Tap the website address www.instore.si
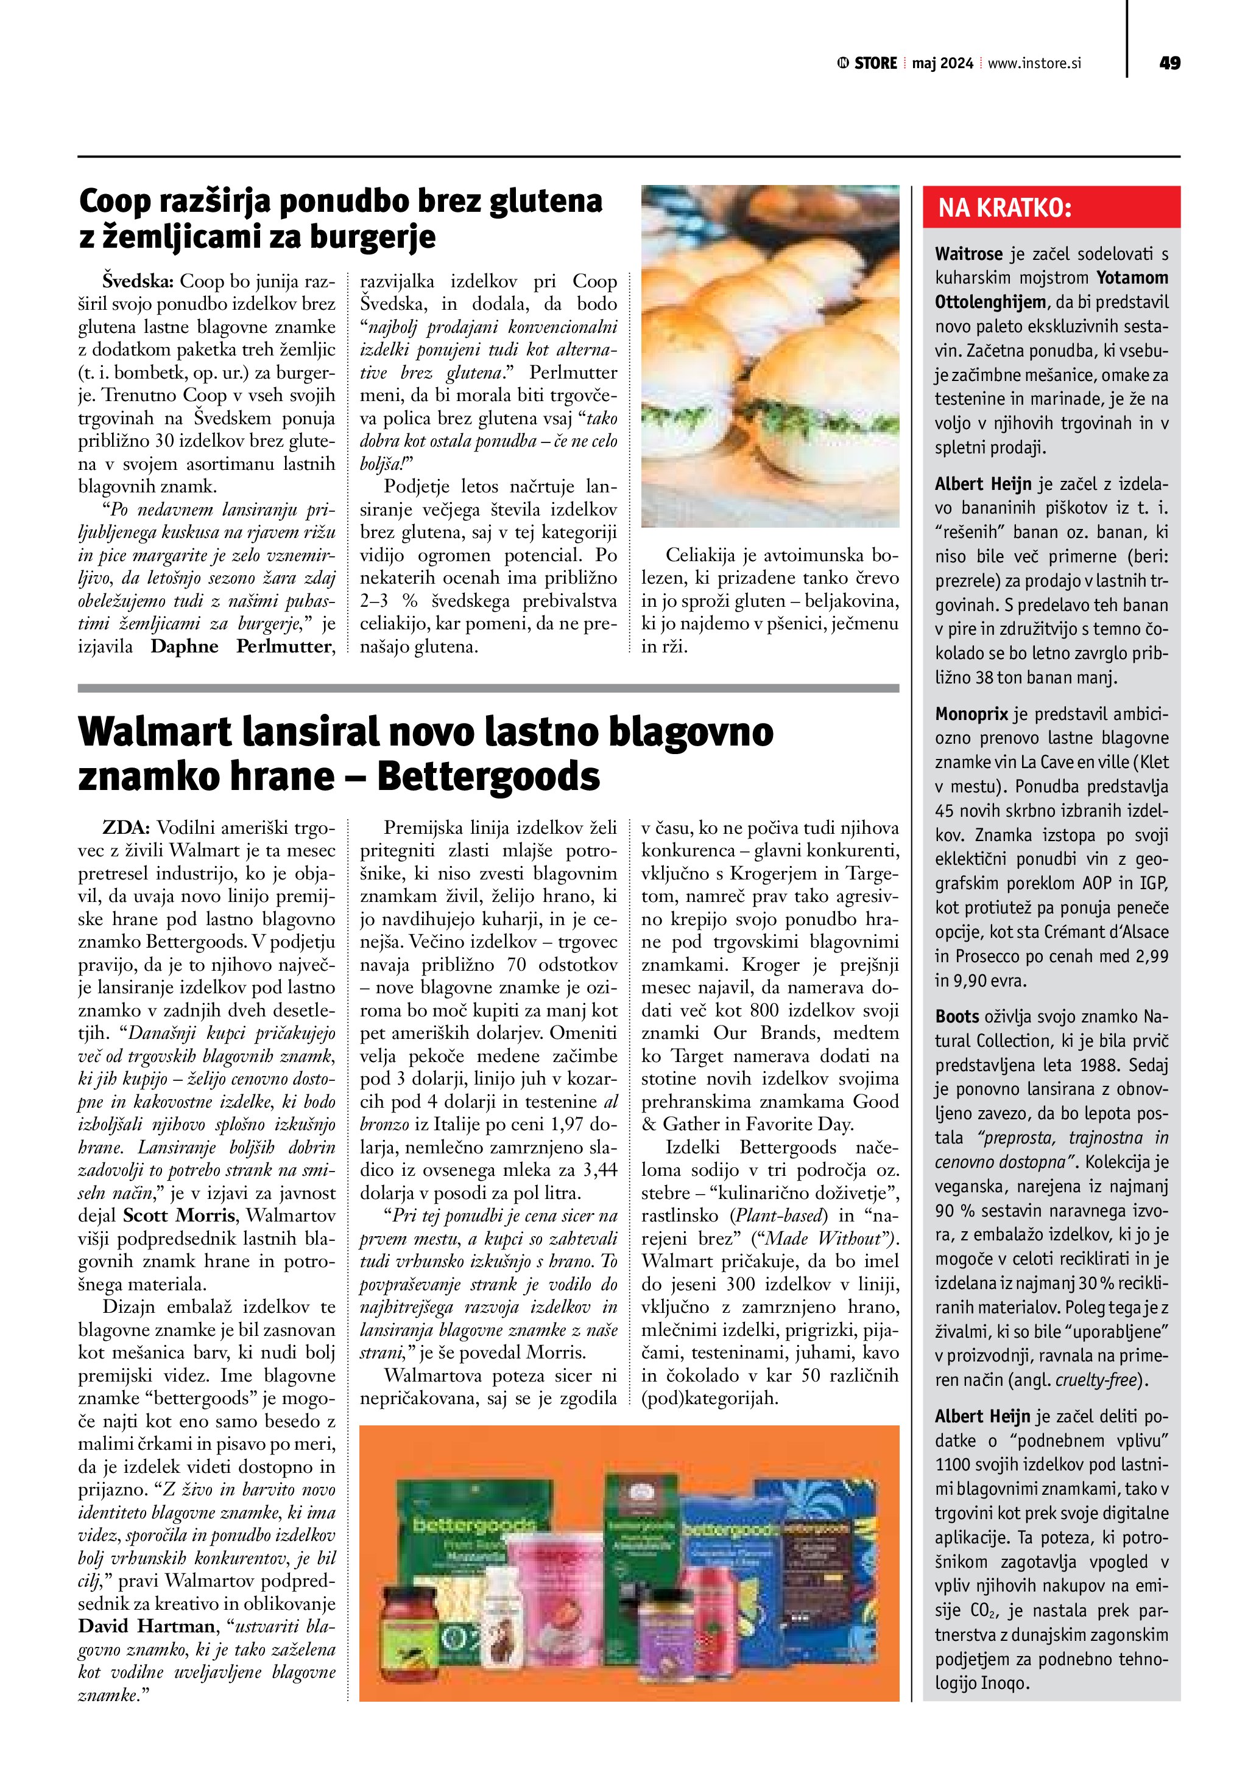click(x=1034, y=63)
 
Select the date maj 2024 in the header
click(x=942, y=63)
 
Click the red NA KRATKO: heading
click(x=1005, y=208)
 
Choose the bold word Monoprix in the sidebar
click(x=972, y=714)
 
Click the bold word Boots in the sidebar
click(x=957, y=1016)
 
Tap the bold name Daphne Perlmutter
click(x=242, y=646)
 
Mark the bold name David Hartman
click(x=146, y=1626)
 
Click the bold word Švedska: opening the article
click(x=139, y=281)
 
